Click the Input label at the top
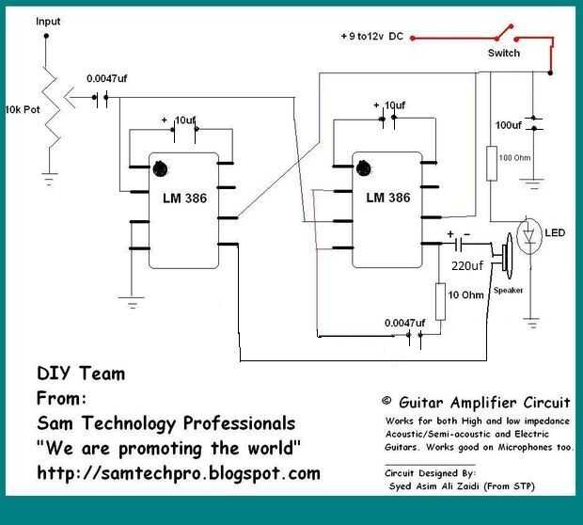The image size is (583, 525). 46,21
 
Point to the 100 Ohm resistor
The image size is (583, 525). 492,163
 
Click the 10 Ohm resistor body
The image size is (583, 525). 439,297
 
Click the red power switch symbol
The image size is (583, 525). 508,35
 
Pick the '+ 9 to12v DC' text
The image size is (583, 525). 374,37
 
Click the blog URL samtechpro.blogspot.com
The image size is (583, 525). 179,472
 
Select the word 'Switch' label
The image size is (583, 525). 503,54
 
